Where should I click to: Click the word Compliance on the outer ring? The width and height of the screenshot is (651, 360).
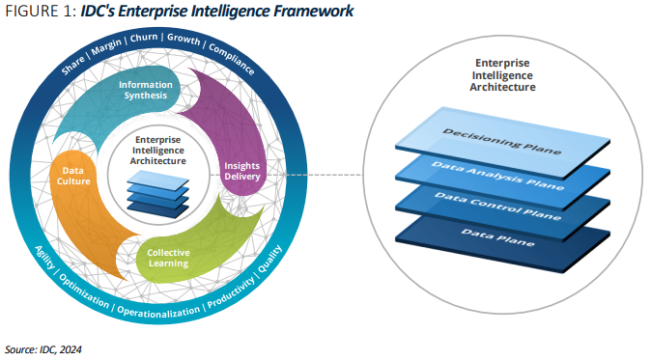(x=232, y=59)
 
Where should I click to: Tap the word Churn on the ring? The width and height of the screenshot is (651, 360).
(x=144, y=38)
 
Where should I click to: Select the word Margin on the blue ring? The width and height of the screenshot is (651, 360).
(x=106, y=46)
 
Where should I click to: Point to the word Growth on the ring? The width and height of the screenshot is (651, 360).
(x=184, y=39)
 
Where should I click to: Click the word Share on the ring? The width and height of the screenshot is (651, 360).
(x=73, y=66)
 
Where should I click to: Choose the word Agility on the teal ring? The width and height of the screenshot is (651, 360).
(x=44, y=257)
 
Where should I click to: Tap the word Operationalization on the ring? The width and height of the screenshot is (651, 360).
(x=158, y=312)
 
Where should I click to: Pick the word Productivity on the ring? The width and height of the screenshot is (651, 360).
(x=231, y=292)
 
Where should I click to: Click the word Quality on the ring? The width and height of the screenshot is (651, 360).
(x=269, y=259)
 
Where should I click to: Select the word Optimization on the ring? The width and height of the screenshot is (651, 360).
(x=84, y=291)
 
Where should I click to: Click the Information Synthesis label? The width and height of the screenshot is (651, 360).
(x=145, y=90)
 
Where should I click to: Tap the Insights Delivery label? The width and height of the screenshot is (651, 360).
(x=242, y=171)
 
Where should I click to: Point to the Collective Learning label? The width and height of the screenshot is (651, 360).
(x=168, y=258)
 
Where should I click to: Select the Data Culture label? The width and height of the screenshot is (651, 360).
(x=73, y=176)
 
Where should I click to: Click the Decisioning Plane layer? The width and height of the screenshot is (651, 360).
(x=502, y=142)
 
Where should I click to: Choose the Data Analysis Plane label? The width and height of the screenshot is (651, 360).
(x=497, y=176)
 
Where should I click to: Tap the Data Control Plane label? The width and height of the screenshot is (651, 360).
(x=497, y=207)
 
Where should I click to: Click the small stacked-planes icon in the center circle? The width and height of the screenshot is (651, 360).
(x=157, y=194)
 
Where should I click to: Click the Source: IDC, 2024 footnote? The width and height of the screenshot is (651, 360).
(x=43, y=349)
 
